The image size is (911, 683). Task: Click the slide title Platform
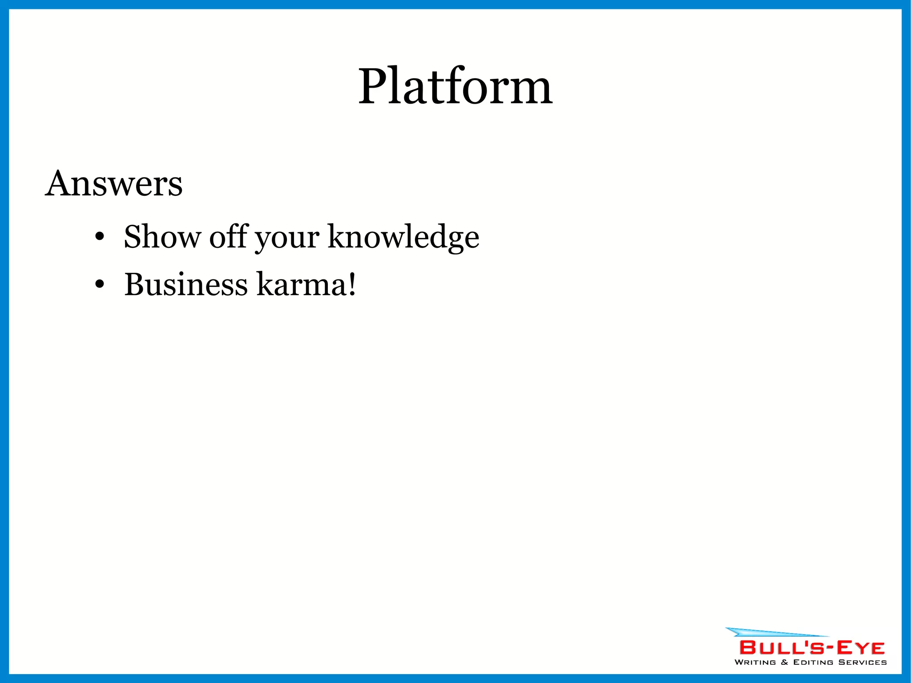(455, 87)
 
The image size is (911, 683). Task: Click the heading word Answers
(114, 184)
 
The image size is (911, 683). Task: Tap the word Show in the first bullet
(162, 237)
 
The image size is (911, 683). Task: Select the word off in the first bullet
(228, 237)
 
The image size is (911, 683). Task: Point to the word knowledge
(403, 238)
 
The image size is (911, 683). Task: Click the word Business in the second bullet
(185, 285)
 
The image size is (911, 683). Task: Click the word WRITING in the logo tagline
(755, 662)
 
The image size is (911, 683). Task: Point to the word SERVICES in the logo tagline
(863, 662)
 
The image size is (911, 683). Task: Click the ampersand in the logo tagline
(785, 662)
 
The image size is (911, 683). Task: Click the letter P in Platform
(373, 87)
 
